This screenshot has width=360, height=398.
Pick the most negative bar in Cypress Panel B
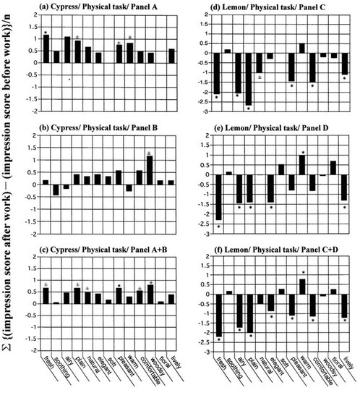(x=56, y=190)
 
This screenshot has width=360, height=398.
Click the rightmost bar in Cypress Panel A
(x=171, y=56)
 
